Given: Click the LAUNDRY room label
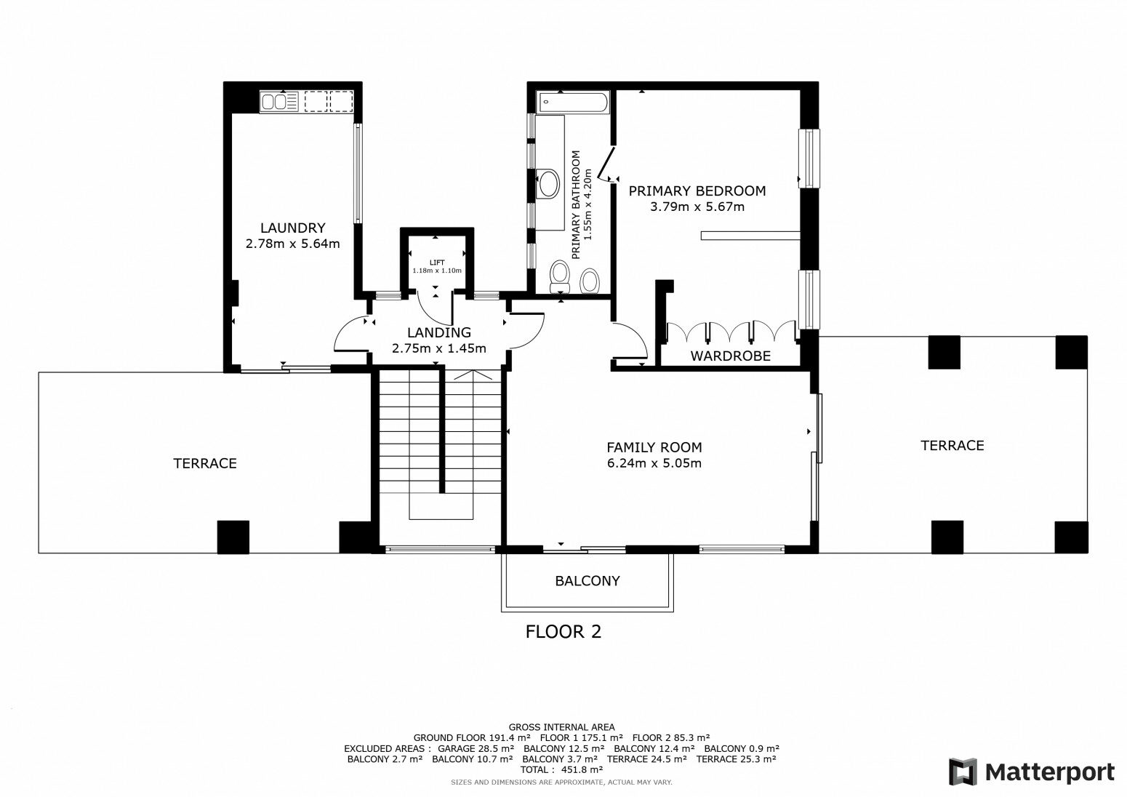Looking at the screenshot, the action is click(x=292, y=228).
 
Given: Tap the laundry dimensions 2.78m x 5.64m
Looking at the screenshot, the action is click(x=292, y=244).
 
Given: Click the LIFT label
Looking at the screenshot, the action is click(x=437, y=263).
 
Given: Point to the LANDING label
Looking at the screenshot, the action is click(x=438, y=332).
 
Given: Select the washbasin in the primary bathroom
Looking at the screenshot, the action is click(x=548, y=184).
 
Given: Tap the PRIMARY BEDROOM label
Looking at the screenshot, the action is click(x=697, y=191).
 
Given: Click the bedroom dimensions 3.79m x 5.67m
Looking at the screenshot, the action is click(x=697, y=207).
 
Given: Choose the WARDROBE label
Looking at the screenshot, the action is click(x=730, y=356).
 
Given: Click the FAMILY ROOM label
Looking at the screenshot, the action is click(x=654, y=447).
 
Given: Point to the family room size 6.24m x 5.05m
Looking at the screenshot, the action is click(x=654, y=463).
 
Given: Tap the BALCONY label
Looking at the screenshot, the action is click(x=587, y=581).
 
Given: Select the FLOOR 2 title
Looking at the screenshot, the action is click(x=563, y=631).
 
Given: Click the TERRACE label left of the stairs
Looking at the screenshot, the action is click(x=205, y=463).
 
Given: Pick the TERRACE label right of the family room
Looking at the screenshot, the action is click(x=952, y=445).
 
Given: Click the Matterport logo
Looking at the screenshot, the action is click(x=1032, y=772).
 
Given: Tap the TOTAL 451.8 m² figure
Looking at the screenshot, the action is click(x=561, y=769).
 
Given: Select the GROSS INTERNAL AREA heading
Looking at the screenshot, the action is click(x=561, y=727).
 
